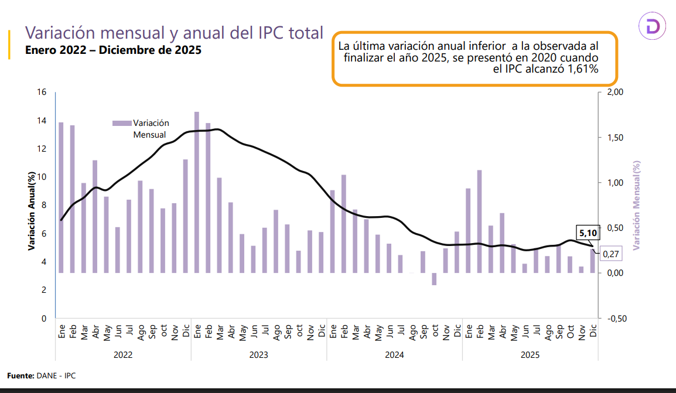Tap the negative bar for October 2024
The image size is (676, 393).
pos(434,279)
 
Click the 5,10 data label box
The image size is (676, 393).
pos(588,233)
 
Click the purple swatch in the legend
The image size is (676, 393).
pos(121,123)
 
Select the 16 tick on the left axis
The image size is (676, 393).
pos(42,93)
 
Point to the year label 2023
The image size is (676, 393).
pos(258,354)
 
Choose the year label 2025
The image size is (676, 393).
pos(530,354)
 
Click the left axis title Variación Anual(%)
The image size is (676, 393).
pos(33,211)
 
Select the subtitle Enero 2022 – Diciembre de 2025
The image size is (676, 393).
pos(113,50)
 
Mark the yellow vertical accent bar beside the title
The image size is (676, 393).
pos(9,45)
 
